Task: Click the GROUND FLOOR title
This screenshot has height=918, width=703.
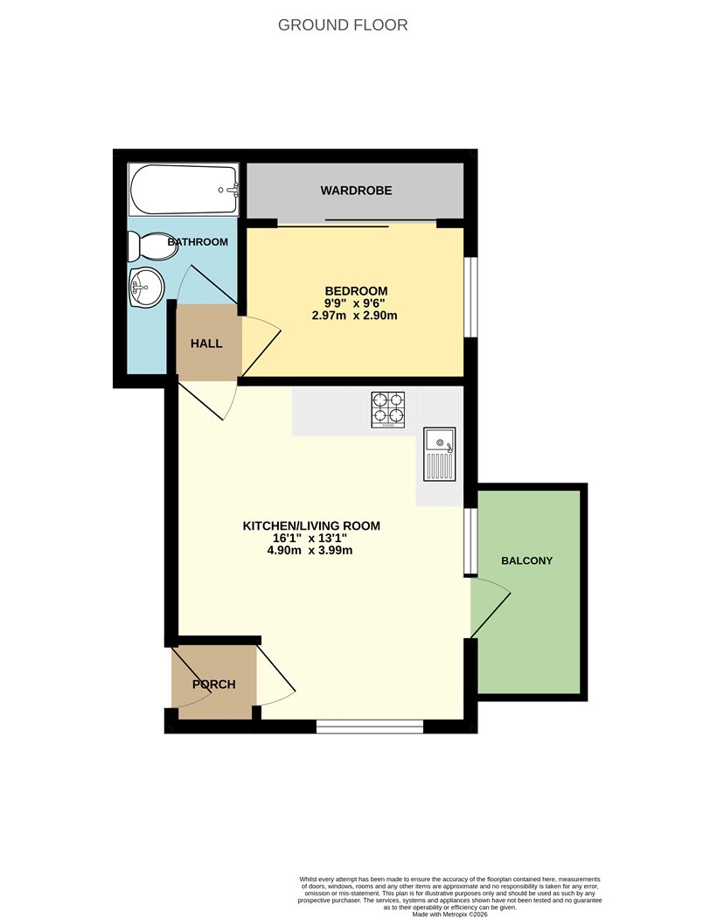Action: [343, 25]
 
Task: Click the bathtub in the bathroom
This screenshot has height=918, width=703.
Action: [184, 189]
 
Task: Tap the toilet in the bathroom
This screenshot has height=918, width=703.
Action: [151, 246]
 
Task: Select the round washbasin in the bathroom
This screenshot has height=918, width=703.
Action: [145, 287]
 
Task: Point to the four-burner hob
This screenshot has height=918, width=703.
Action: [388, 409]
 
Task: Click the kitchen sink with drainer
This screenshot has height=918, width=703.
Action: [440, 455]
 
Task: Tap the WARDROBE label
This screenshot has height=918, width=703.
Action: [356, 191]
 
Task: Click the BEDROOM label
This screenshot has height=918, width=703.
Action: [356, 291]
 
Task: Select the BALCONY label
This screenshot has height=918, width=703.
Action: [526, 560]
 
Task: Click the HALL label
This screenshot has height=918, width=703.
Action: [206, 343]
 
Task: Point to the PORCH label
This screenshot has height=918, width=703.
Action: [214, 684]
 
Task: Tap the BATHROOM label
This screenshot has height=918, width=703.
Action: [198, 242]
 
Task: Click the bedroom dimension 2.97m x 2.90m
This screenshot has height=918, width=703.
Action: [355, 316]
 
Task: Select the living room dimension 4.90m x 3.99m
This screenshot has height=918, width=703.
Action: [310, 550]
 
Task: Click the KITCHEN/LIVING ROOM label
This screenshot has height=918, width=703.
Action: [311, 525]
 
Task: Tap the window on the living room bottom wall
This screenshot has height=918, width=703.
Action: [369, 727]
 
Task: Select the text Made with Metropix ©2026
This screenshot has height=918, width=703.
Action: [449, 914]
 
